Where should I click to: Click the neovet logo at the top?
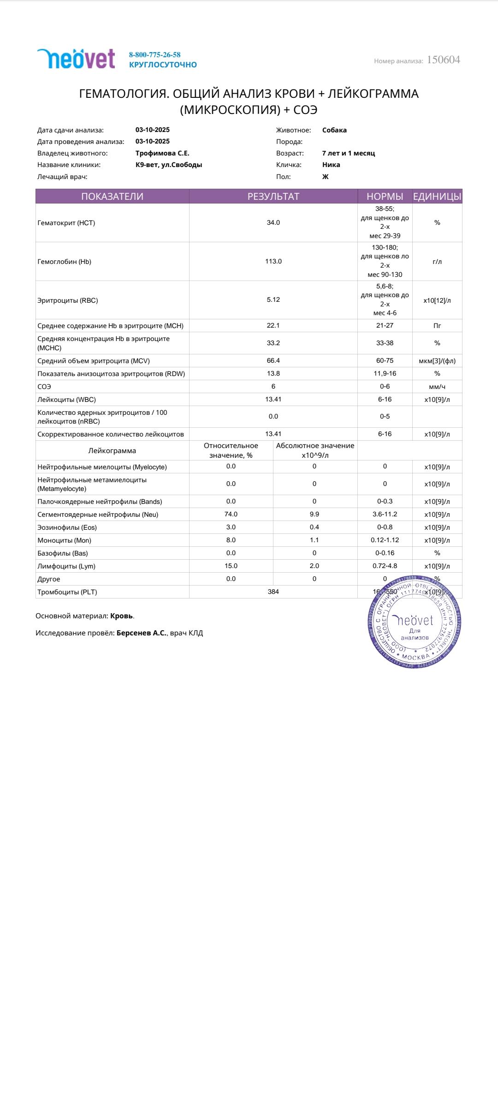(76, 59)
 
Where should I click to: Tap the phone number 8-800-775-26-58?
(154, 54)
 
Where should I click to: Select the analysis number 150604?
(443, 60)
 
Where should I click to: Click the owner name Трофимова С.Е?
(162, 153)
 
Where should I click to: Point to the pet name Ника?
(331, 165)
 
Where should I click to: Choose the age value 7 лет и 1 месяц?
(348, 153)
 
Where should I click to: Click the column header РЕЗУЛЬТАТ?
(273, 197)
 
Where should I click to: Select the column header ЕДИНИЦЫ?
(437, 197)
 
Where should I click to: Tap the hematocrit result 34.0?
(273, 222)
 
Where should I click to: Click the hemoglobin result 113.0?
(273, 261)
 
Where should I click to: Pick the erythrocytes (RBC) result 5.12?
(273, 299)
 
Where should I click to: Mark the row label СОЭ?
(44, 387)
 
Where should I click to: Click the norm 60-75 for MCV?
(385, 360)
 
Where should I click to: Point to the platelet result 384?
(273, 592)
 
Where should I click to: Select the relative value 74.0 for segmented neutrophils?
(231, 514)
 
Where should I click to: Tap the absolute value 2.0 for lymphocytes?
(314, 566)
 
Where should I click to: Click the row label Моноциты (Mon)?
(64, 540)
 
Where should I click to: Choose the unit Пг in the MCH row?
(437, 326)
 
